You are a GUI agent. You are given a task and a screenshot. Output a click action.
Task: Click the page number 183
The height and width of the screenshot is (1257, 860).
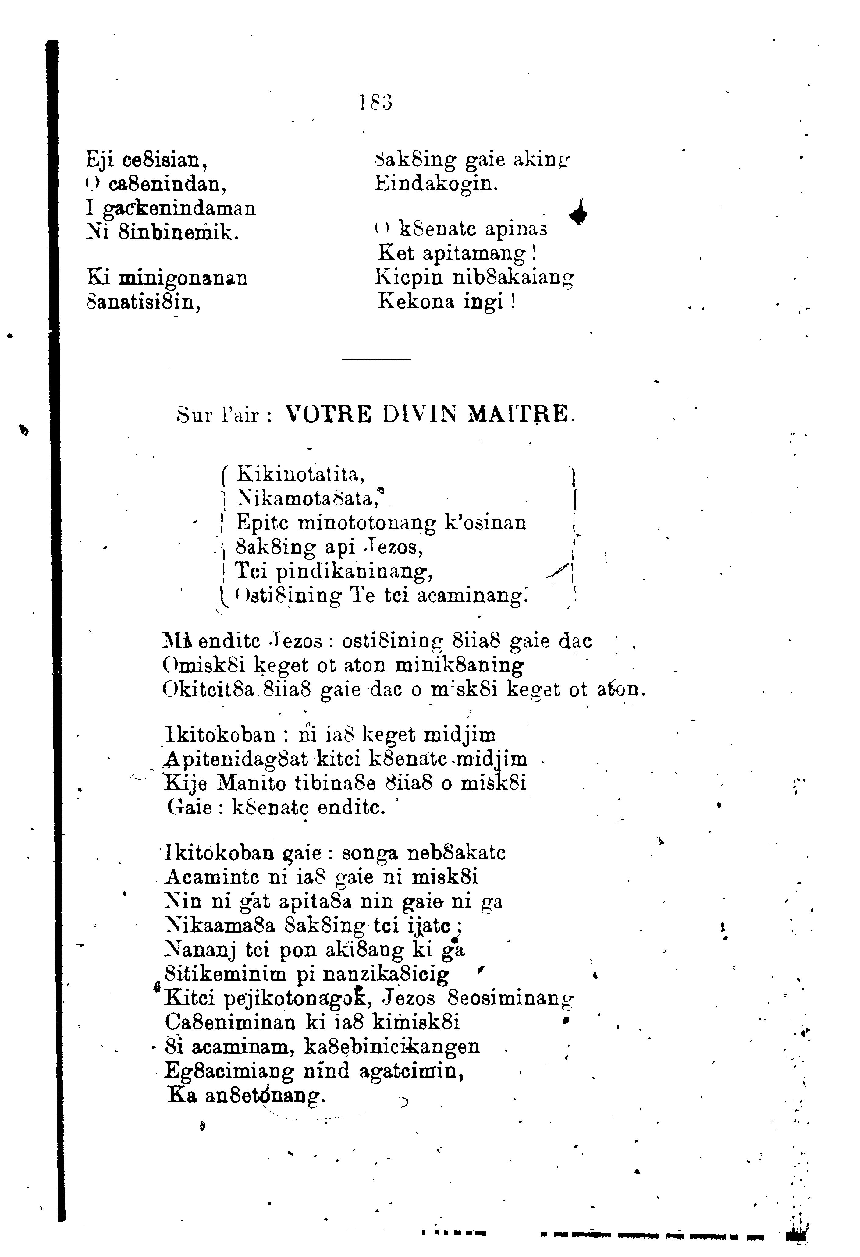point(376,102)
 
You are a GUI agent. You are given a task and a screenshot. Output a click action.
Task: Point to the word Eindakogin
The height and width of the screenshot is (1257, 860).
point(435,184)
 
